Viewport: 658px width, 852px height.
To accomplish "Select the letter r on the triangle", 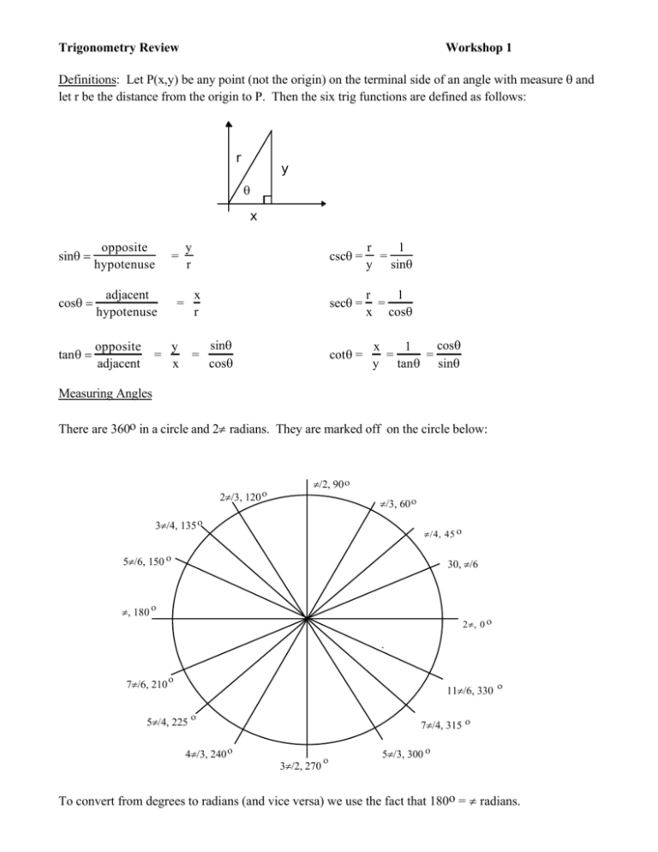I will click(x=240, y=157).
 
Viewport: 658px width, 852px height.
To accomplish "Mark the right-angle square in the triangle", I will click(x=267, y=200).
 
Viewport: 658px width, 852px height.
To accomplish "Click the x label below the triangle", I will click(x=254, y=218).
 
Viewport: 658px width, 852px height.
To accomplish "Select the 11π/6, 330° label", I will click(x=476, y=689).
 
